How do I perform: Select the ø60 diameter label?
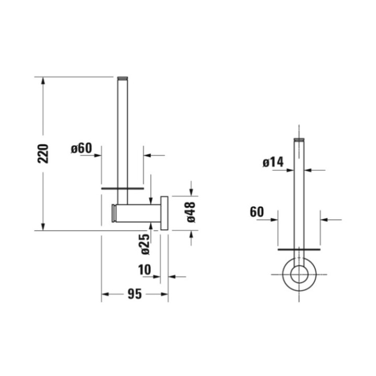coord(81,148)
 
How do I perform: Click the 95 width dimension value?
coord(135,295)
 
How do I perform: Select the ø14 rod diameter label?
coord(273,162)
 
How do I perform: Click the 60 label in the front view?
coord(257,212)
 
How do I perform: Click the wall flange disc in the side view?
coord(164,213)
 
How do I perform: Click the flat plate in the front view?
coord(299,250)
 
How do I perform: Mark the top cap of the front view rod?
coord(299,140)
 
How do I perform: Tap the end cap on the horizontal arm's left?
coord(113,213)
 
